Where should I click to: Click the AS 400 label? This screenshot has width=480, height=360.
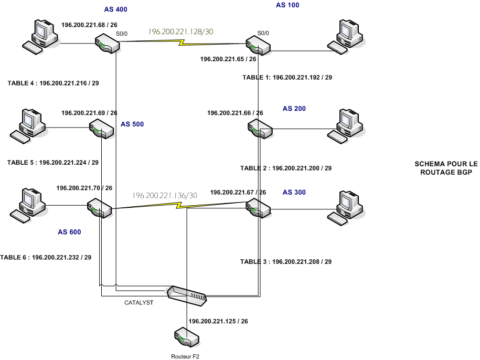pyautogui.click(x=115, y=9)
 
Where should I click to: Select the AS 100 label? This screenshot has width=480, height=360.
pyautogui.click(x=287, y=5)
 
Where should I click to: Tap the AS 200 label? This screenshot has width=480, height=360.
pyautogui.click(x=294, y=109)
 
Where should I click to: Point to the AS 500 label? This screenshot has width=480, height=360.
pyautogui.click(x=132, y=124)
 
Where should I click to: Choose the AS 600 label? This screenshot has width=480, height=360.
pyautogui.click(x=69, y=231)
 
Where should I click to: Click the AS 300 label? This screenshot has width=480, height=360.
pyautogui.click(x=294, y=192)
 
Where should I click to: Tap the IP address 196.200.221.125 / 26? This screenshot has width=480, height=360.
pyautogui.click(x=218, y=321)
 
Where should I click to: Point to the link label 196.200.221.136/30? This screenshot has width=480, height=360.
pyautogui.click(x=165, y=195)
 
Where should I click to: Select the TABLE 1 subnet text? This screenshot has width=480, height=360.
pyautogui.click(x=287, y=77)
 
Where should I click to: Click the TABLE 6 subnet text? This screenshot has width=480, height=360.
pyautogui.click(x=46, y=258)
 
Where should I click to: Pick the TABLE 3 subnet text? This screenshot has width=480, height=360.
pyautogui.click(x=286, y=261)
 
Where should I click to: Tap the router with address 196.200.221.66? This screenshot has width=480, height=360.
pyautogui.click(x=260, y=128)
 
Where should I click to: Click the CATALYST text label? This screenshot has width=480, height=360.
pyautogui.click(x=138, y=303)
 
